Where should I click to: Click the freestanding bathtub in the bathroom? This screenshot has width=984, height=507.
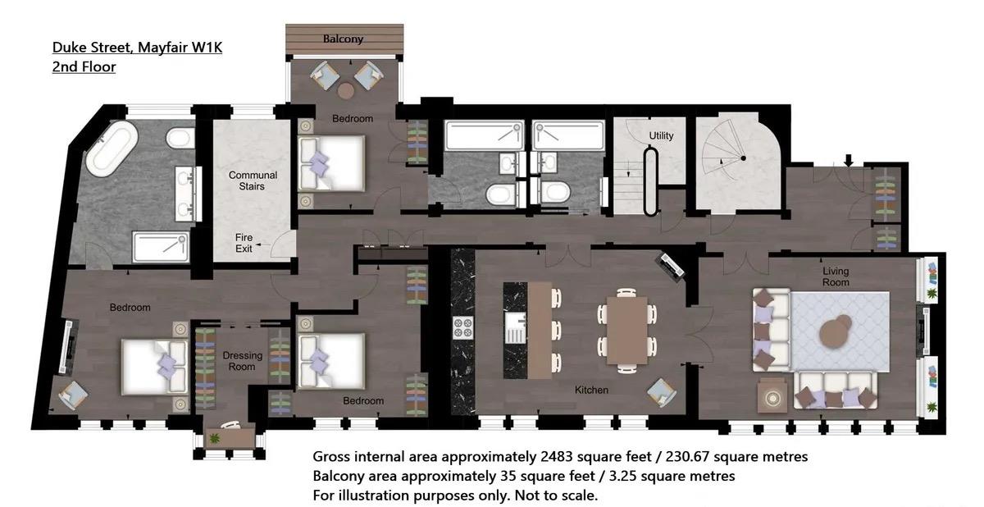(x=112, y=148)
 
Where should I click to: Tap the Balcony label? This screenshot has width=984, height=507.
(x=343, y=39)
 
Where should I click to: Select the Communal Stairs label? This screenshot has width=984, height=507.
(x=253, y=180)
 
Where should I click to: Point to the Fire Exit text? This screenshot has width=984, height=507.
(x=244, y=243)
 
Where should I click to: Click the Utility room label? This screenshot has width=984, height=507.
(x=661, y=135)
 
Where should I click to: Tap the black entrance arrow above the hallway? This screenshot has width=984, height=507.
(x=849, y=160)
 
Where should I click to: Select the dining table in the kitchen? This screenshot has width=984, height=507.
(x=626, y=331)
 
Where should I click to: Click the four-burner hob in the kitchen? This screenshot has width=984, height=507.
(x=463, y=328)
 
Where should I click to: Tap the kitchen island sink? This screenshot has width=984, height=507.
(x=515, y=328)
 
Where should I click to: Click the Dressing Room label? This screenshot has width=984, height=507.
(x=242, y=361)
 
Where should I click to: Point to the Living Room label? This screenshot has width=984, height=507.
(x=836, y=276)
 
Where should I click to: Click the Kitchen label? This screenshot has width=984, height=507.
(x=591, y=390)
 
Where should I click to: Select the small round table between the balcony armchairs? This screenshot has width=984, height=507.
(x=346, y=90)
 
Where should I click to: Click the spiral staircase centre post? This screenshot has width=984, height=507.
(x=743, y=158)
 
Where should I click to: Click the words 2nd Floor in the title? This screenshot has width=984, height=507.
(x=84, y=66)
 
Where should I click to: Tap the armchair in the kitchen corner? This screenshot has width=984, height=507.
(x=661, y=392)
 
